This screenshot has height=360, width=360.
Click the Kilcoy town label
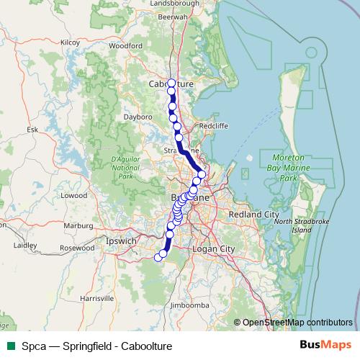(x=70, y=42)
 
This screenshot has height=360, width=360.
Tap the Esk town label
(x=31, y=130)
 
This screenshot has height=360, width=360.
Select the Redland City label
(x=253, y=215)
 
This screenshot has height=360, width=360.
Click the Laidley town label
(x=25, y=246)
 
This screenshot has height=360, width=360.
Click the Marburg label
(x=79, y=225)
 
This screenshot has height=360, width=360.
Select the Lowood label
(x=73, y=195)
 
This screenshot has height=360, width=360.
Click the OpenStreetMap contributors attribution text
(x=297, y=323)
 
